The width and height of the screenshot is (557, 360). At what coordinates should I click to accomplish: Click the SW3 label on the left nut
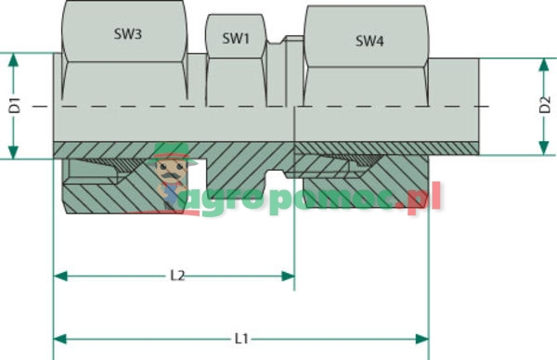point(127,36)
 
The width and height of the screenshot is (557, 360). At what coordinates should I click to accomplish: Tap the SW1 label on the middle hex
point(237,39)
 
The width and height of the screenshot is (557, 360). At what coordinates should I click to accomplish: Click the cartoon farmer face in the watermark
point(171,172)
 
